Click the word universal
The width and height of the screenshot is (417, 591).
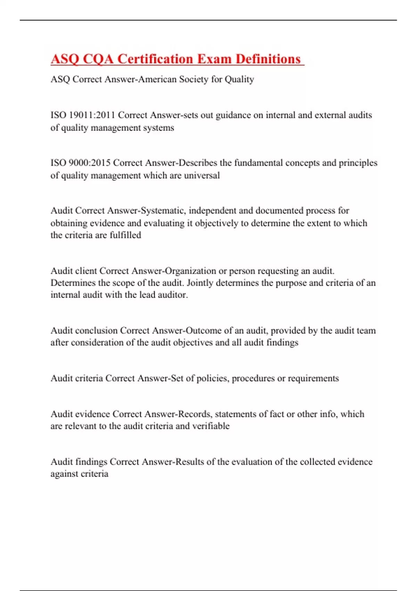click(x=202, y=175)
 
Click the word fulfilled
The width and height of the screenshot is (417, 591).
click(x=125, y=235)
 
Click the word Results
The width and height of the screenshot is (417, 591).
click(x=190, y=462)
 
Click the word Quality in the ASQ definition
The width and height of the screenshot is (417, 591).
click(x=239, y=79)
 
